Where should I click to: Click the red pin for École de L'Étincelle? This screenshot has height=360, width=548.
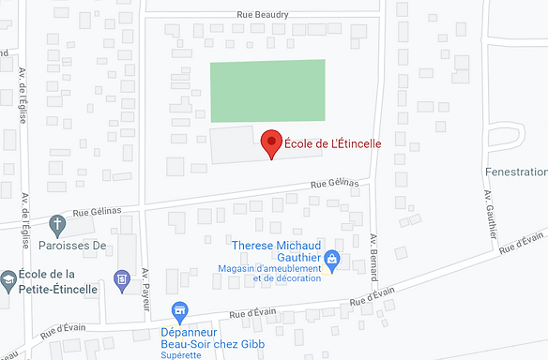tap(271, 143)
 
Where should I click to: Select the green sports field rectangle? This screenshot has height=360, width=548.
tap(267, 91)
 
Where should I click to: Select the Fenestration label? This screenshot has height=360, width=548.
tap(515, 172)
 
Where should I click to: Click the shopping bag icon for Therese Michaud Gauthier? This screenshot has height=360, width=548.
tap(330, 257)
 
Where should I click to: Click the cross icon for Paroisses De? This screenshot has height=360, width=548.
tap(58, 225)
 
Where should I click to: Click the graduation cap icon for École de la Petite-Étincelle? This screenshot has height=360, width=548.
tap(8, 278)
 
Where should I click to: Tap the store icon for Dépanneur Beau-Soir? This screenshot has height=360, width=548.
tap(178, 310)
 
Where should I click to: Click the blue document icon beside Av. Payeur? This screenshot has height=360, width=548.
tap(120, 278)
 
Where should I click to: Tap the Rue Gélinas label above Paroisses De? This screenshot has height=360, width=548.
tap(92, 215)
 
